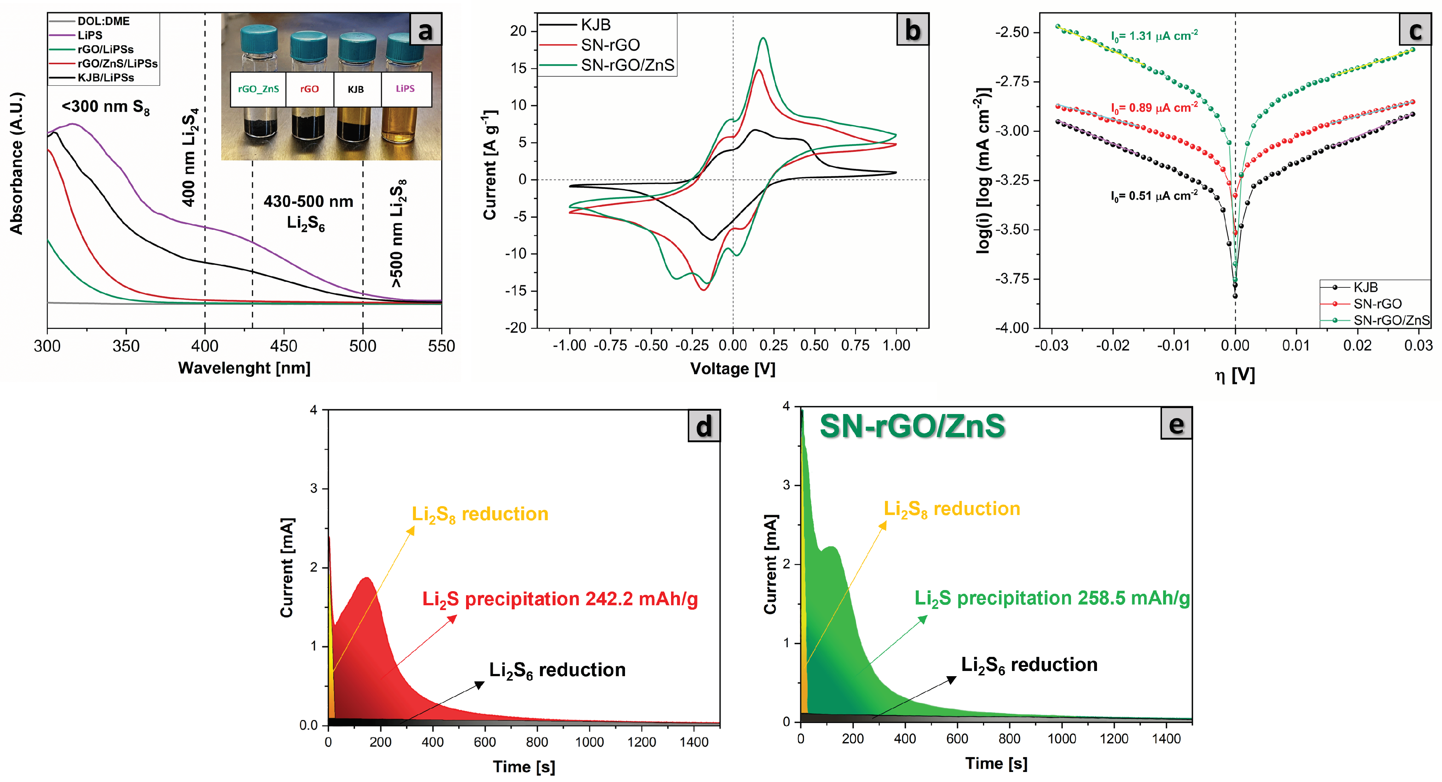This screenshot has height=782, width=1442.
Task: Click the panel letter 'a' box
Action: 425,30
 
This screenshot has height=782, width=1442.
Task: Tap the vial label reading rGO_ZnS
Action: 258,89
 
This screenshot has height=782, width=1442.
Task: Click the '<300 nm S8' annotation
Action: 105,107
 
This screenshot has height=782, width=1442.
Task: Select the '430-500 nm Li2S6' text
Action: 308,212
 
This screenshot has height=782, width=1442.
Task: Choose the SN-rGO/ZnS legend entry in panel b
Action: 627,65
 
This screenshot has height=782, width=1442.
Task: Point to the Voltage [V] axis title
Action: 732,368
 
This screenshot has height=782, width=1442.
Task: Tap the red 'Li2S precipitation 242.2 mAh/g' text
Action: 560,599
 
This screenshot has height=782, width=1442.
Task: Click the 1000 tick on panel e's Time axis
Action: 1061,738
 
